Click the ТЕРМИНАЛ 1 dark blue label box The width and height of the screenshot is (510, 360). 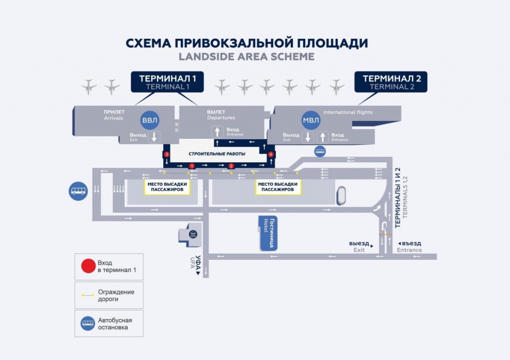167,82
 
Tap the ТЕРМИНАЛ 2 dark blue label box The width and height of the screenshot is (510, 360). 390,82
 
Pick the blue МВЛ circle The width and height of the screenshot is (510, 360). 312,120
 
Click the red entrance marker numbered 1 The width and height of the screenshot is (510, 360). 191,165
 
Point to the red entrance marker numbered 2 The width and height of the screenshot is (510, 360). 231,165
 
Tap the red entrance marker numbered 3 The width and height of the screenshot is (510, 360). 167,155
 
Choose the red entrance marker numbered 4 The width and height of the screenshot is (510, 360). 271,155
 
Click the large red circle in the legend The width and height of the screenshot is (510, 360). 88,266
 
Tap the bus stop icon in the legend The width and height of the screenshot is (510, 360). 88,324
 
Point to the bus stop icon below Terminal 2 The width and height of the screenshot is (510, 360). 320,151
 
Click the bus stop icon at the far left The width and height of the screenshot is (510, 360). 78,191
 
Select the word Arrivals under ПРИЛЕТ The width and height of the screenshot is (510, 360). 114,119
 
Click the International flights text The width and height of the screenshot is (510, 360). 348,113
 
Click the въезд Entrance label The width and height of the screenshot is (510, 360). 409,246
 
